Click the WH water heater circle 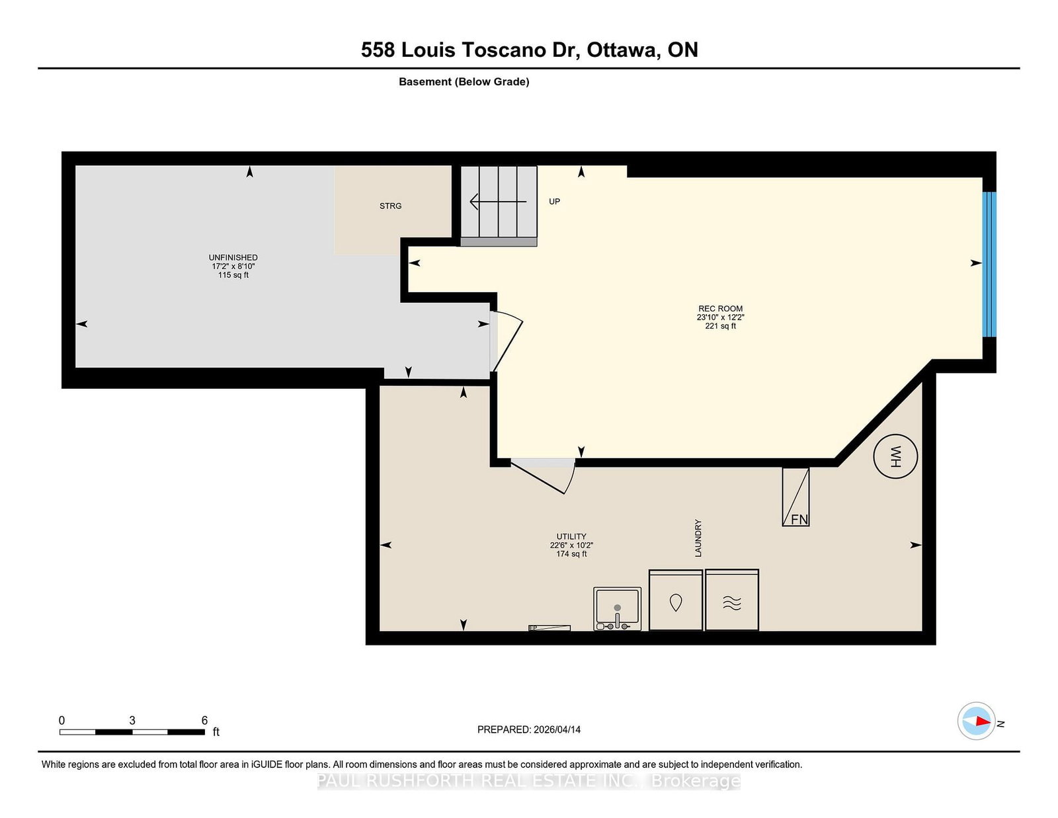coord(895,456)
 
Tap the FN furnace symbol coord(796,497)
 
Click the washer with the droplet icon coord(675,600)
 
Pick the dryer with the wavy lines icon coord(731,600)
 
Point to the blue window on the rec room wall coord(989,265)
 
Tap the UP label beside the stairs coord(554,202)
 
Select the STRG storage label coord(390,206)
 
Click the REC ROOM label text coord(720,309)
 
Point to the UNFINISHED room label coord(233,258)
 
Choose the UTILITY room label coord(571,537)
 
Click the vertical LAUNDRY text coord(698,538)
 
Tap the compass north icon coord(977,721)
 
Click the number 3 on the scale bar coord(132,721)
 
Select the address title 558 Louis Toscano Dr coord(529,50)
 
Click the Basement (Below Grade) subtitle coord(464,82)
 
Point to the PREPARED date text coord(528,729)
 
